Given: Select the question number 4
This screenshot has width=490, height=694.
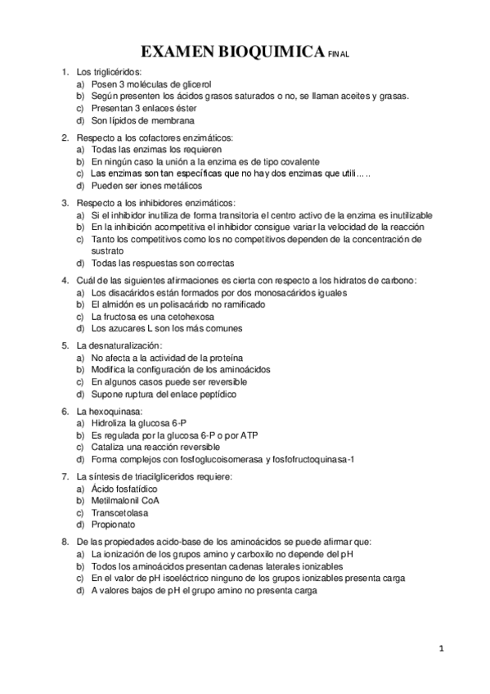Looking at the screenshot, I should pyautogui.click(x=65, y=280).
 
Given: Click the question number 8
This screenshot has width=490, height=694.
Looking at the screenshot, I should pyautogui.click(x=65, y=541).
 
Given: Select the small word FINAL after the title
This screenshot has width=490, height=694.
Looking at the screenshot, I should pyautogui.click(x=338, y=56).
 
